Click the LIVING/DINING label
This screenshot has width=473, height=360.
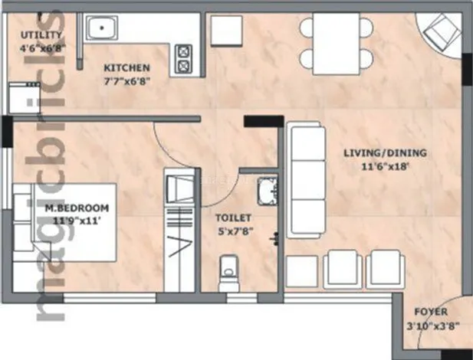point(385,153)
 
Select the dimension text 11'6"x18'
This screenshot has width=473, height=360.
point(385,165)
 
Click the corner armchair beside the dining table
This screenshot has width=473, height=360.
point(439,34)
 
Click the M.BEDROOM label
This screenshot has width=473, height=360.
point(76,208)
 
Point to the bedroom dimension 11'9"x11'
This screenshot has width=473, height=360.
point(77,219)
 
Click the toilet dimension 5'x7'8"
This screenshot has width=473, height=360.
point(235,229)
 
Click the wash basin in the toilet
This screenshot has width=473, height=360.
point(268,192)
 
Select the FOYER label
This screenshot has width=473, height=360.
point(432,313)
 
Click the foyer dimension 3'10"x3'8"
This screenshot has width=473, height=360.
point(432,324)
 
